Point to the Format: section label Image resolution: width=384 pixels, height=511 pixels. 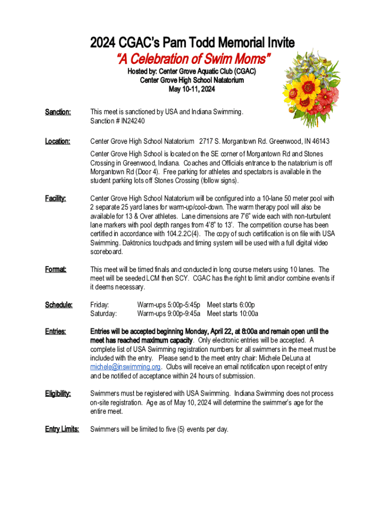tap(56, 269)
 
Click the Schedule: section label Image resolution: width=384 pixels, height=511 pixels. tap(59, 304)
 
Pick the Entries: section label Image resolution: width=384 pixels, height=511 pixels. tap(56, 331)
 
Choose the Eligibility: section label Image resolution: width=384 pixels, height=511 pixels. tap(58, 394)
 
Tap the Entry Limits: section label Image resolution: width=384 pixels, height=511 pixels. tap(62, 429)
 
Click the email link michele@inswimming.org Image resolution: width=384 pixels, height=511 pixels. tap(125, 367)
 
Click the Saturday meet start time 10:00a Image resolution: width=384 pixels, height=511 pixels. tap(248, 313)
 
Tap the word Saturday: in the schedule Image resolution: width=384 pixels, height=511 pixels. tap(103, 313)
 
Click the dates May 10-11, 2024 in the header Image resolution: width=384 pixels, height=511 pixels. tap(192, 89)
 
